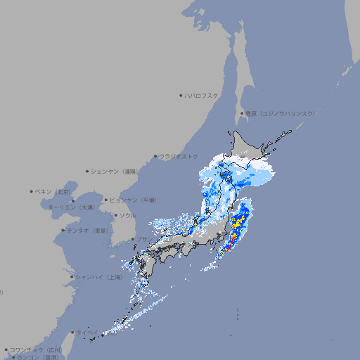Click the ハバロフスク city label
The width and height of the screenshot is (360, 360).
(202, 95)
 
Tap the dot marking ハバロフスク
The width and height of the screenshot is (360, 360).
(181, 95)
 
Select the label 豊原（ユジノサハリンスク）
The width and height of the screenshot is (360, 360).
(281, 113)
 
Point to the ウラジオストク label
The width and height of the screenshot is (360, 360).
(179, 156)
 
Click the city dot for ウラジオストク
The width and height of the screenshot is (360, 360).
(155, 156)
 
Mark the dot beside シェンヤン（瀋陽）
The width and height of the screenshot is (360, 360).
(88, 171)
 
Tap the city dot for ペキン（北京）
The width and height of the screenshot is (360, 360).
(32, 191)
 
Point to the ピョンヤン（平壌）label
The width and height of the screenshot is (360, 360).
(133, 200)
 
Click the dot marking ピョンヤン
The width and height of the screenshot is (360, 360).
(106, 200)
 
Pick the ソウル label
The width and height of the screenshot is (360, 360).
(127, 215)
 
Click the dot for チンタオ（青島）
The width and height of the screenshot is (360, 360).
(63, 230)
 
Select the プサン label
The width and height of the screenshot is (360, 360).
(143, 240)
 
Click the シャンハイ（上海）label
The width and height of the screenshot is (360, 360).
(99, 277)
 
